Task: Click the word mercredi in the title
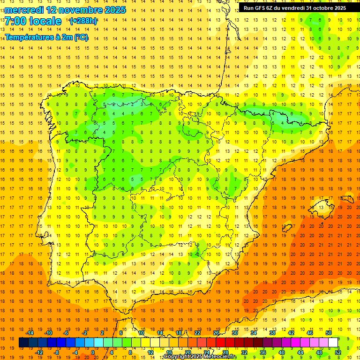pyautogui.click(x=24, y=10)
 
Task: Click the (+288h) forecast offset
pyautogui.click(x=83, y=21)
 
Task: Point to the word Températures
pyautogui.click(x=28, y=37)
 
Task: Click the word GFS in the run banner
pyautogui.click(x=262, y=7)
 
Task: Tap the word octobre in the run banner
pyautogui.click(x=324, y=7)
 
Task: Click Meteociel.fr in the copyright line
pyautogui.click(x=220, y=357)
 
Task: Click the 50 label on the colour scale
pyautogui.click(x=328, y=333)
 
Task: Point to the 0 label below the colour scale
pyautogui.click(x=93, y=352)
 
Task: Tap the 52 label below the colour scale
pyautogui.click(x=338, y=352)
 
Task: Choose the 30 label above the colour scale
pyautogui.click(x=234, y=333)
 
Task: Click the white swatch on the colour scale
pyautogui.click(x=333, y=342)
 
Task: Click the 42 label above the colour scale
pyautogui.click(x=291, y=333)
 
